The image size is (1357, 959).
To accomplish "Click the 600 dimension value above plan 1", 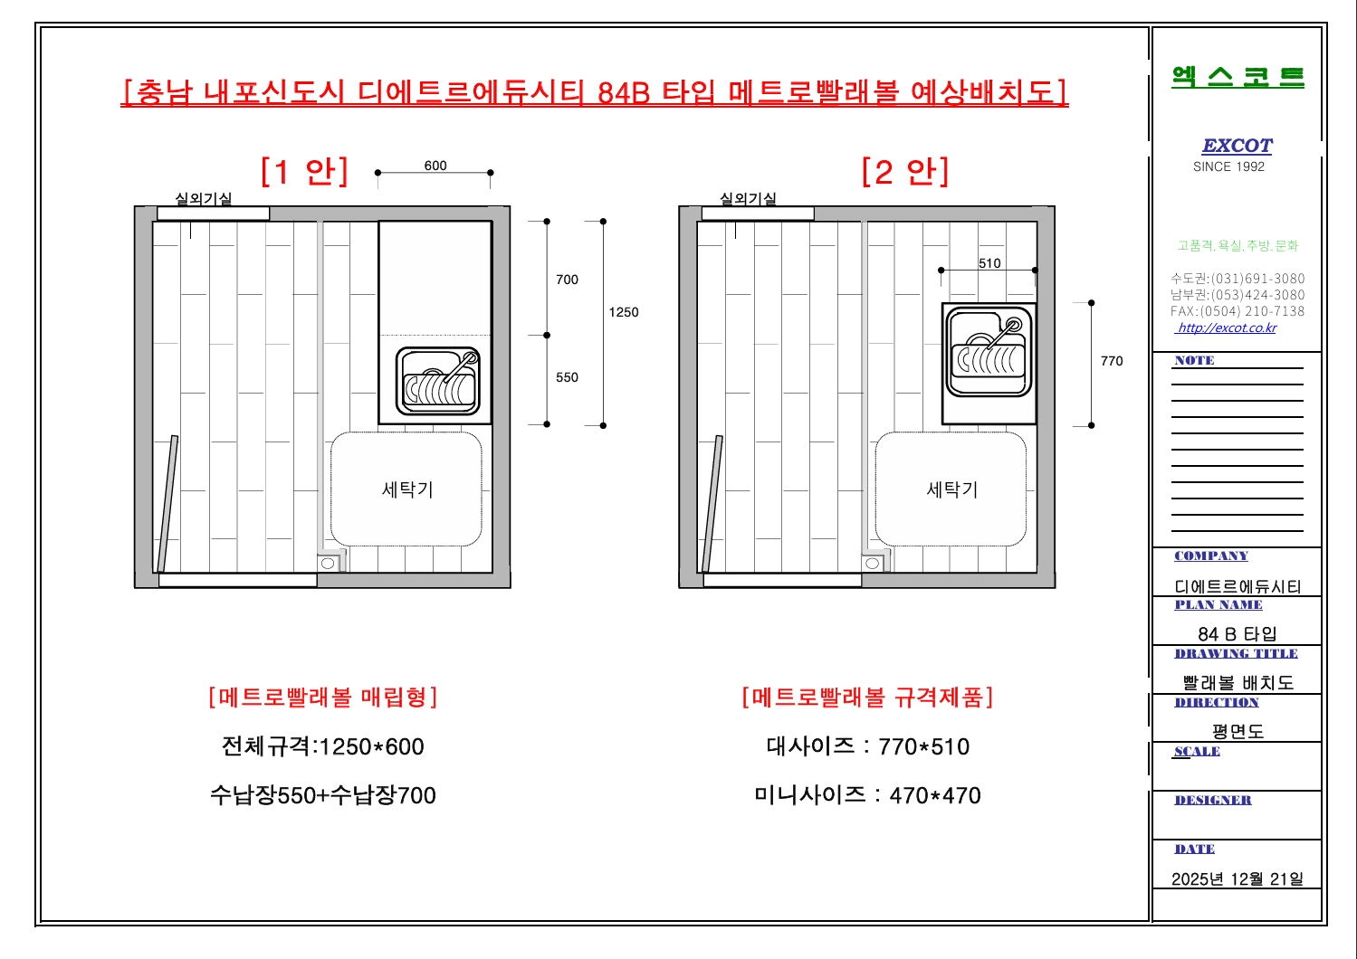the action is (435, 166).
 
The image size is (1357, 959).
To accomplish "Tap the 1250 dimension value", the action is (624, 312).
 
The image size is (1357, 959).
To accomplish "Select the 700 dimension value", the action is (567, 280).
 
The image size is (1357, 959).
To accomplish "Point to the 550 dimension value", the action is (567, 377).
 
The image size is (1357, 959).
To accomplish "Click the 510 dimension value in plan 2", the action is (989, 263).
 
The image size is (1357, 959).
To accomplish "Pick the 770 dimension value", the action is (1112, 361).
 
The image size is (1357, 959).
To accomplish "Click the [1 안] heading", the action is (304, 172).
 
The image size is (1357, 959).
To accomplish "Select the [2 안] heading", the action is (905, 172).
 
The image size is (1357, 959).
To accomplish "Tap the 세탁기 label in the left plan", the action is (407, 489).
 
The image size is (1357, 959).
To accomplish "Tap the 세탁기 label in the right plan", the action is (951, 489).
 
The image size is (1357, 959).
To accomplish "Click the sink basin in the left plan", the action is (438, 382).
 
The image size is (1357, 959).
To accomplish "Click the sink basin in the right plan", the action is (989, 352).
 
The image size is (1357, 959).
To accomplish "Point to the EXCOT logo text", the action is (1237, 146).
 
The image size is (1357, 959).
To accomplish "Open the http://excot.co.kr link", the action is (1226, 328).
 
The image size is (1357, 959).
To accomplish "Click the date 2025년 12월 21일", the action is (1237, 879).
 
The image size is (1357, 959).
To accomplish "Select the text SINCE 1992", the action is (1228, 166).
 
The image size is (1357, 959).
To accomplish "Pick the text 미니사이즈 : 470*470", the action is (867, 795).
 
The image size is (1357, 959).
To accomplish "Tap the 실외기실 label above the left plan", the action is (204, 198).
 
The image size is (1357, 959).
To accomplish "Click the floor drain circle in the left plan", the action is (328, 564).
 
